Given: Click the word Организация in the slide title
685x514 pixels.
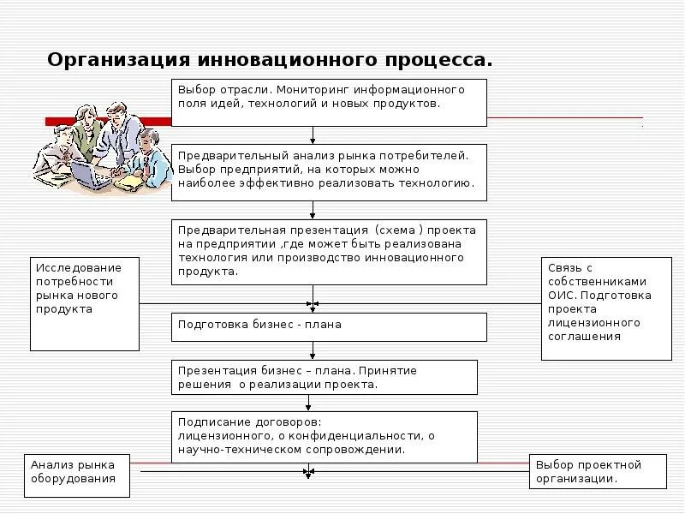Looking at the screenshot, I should pyautogui.click(x=119, y=61).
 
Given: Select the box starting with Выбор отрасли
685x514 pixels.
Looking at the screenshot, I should pyautogui.click(x=329, y=102).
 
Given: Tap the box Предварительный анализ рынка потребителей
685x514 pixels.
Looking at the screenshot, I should pyautogui.click(x=329, y=171).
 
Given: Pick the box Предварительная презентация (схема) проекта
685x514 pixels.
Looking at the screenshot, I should pyautogui.click(x=329, y=251).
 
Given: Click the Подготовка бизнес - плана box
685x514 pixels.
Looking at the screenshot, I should pyautogui.click(x=329, y=326).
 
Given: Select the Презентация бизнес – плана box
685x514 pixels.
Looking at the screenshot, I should pyautogui.click(x=325, y=377).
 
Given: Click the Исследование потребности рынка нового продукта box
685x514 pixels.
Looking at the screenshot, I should pyautogui.click(x=85, y=303).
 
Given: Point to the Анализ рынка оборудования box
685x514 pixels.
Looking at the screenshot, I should pyautogui.click(x=77, y=475).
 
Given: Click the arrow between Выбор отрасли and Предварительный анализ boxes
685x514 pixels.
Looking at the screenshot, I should pyautogui.click(x=313, y=135).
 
